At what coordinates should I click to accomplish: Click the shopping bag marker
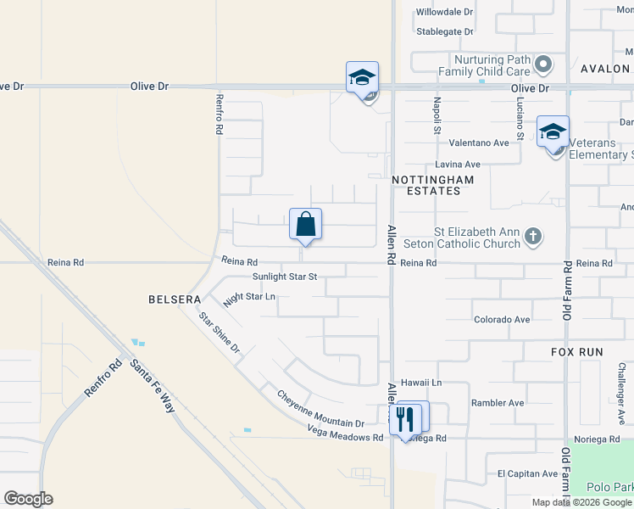[x=305, y=225]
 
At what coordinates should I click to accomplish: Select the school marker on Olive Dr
[x=362, y=78]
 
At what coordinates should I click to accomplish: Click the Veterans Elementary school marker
[x=553, y=132]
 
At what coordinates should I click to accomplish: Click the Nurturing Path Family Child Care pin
[x=544, y=64]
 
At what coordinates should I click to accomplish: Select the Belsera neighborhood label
[x=175, y=299]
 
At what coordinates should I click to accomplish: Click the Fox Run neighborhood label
[x=553, y=350]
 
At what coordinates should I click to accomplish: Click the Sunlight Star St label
[x=285, y=277]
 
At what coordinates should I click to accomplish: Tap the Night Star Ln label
[x=249, y=298]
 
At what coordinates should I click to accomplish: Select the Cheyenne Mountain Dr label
[x=320, y=409]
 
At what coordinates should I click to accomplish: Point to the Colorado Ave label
[x=502, y=320]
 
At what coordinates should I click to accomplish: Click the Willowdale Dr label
[x=444, y=12]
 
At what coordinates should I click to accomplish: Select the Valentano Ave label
[x=479, y=143]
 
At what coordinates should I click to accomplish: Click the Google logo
[x=28, y=499]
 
